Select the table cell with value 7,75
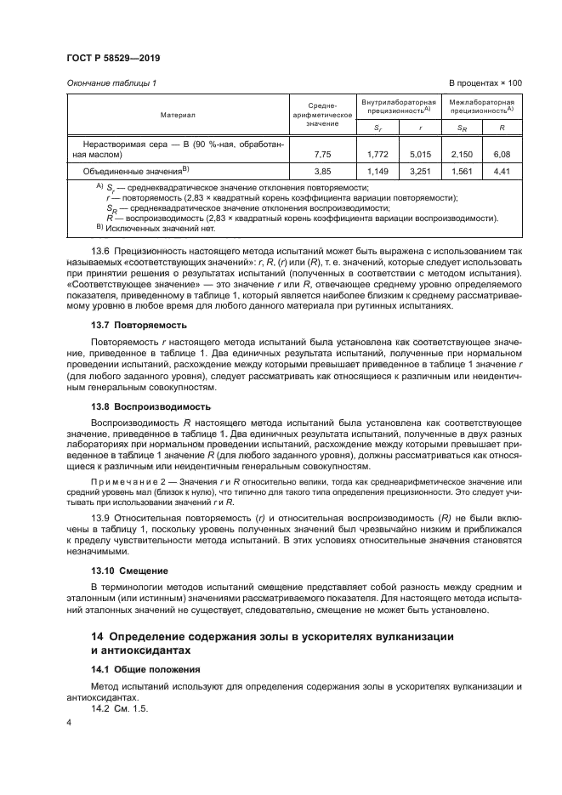click(x=321, y=154)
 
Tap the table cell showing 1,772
click(x=378, y=154)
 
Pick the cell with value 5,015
click(x=421, y=154)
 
